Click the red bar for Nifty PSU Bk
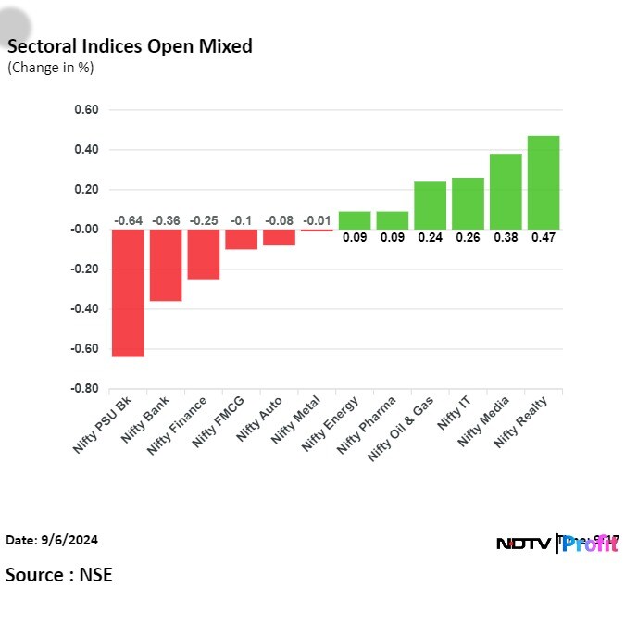pos(128,293)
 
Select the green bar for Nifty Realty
pos(544,182)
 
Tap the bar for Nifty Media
pos(506,192)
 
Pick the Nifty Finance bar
pos(204,255)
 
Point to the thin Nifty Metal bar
pos(317,231)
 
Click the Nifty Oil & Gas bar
pos(430,206)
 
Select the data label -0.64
pos(129,220)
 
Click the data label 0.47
pos(544,238)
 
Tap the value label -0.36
pos(166,220)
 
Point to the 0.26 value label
pos(468,238)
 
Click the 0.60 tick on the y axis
pos(86,109)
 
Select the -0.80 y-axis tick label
pos(84,388)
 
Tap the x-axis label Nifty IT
pos(454,413)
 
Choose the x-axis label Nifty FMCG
pos(218,421)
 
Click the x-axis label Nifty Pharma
pos(366,425)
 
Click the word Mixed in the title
pos(226,46)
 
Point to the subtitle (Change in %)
pos(51,68)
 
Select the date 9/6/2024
pos(69,540)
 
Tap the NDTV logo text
pos(523,544)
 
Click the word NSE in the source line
pos(96,575)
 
